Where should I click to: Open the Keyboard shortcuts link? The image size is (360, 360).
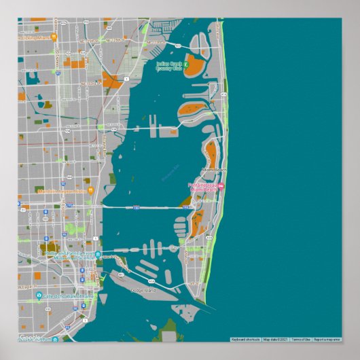point(245,339)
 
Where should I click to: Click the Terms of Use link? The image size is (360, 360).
point(300,339)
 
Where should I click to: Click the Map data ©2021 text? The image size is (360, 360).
point(276,339)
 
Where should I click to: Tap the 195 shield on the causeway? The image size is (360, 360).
point(136,206)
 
